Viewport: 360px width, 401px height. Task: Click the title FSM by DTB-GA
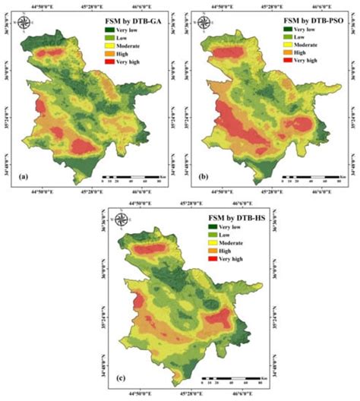[x=134, y=19]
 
